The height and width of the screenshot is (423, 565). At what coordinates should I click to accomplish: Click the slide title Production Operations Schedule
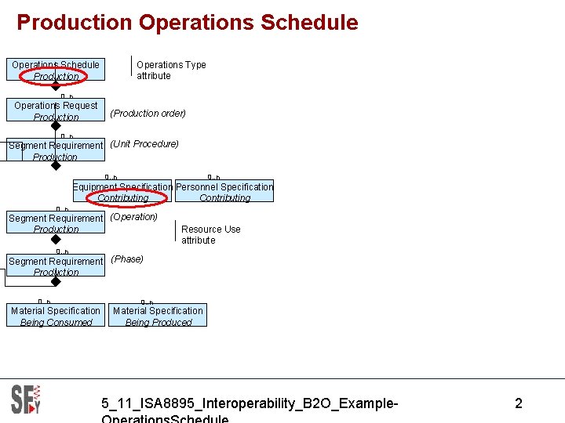[x=187, y=23]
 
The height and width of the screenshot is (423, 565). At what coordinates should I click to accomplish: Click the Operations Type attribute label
[x=171, y=70]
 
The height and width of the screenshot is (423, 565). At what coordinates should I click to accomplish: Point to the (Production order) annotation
[x=148, y=114]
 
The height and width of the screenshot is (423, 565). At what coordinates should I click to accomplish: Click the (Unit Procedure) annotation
[x=144, y=144]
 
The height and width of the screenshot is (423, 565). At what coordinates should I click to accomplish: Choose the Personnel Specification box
[x=224, y=192]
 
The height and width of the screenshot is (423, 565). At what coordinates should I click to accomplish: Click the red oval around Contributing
[x=123, y=198]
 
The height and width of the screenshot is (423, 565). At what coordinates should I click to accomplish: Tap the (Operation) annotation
[x=134, y=217]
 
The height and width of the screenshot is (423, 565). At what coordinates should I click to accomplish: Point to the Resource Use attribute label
[x=210, y=235]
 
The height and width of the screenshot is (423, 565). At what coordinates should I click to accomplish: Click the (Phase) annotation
[x=127, y=259]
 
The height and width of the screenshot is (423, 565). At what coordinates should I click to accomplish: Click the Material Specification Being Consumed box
[x=56, y=316]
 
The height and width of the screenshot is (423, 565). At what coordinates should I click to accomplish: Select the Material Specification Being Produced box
[x=158, y=316]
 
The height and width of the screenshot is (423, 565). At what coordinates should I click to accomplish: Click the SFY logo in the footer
[x=26, y=399]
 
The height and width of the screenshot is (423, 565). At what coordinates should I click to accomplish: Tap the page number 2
[x=518, y=404]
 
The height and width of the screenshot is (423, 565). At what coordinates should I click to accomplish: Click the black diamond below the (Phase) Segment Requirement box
[x=56, y=282]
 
